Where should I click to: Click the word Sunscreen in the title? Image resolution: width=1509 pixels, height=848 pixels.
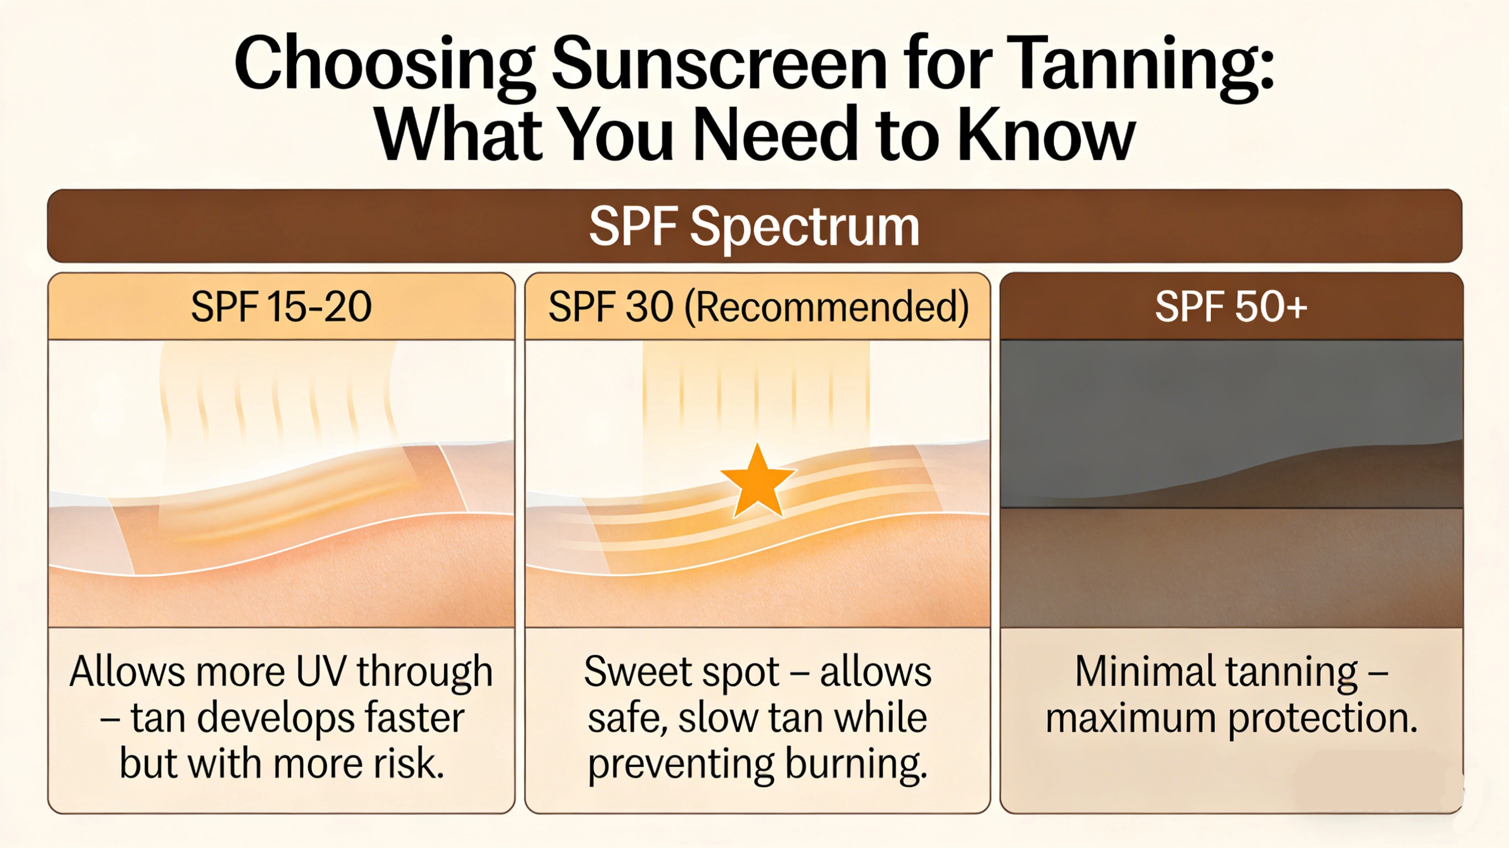click(719, 63)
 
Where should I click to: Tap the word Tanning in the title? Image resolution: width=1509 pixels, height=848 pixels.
click(1139, 63)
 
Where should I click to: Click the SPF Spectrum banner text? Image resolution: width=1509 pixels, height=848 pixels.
click(754, 226)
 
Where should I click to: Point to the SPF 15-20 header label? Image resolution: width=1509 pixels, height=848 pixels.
click(281, 306)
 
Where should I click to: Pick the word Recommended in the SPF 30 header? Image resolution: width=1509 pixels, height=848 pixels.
click(826, 306)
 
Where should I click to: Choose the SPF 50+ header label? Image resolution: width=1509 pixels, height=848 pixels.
click(1231, 306)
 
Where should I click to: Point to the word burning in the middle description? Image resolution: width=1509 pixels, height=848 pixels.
click(856, 763)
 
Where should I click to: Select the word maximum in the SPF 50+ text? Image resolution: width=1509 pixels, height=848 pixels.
click(1130, 718)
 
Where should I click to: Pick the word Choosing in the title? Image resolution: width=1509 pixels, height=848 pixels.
click(384, 63)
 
